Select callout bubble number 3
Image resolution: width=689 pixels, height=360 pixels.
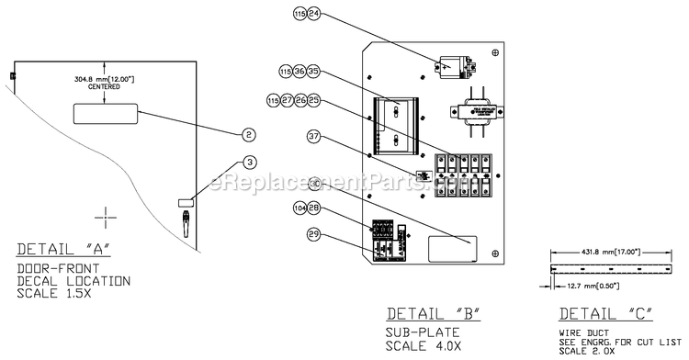(x=248, y=163)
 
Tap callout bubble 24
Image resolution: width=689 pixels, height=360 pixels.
(x=313, y=15)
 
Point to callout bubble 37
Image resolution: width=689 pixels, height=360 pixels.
(x=313, y=137)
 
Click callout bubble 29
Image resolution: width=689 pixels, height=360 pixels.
(x=313, y=237)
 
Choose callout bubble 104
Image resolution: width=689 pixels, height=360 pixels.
(x=299, y=209)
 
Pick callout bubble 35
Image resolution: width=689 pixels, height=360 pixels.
(x=313, y=71)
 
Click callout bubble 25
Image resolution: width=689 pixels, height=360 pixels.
(x=313, y=99)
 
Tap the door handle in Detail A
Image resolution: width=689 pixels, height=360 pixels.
(x=185, y=219)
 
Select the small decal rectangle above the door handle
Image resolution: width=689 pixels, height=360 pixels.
(x=185, y=201)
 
